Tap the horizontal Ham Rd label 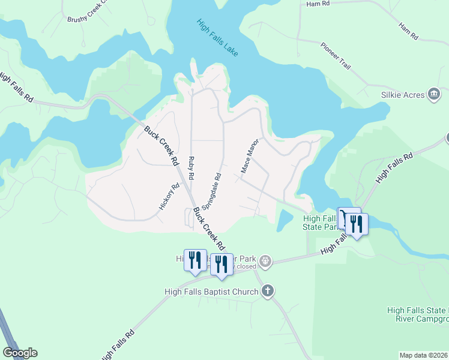point(318,4)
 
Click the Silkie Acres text point(403,95)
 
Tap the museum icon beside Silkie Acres point(434,94)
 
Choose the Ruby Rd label point(191,169)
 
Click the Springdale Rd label point(212,191)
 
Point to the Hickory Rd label point(169,196)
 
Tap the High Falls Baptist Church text point(211,292)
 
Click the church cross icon point(268,292)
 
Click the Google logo point(20,353)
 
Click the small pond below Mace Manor point(281,221)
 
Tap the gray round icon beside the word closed point(266,262)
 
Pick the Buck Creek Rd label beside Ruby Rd point(161,146)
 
